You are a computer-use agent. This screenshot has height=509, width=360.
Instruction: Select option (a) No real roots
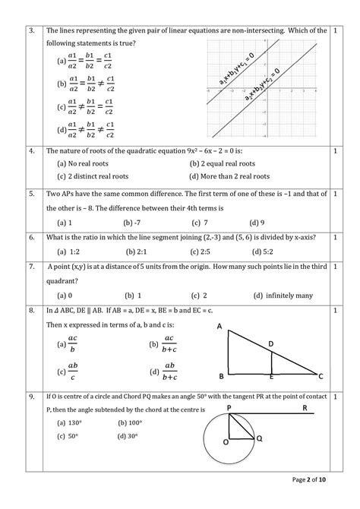coord(81,163)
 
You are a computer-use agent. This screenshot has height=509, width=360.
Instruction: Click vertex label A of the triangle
coord(219,327)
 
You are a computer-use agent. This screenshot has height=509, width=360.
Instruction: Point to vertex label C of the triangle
coord(321,375)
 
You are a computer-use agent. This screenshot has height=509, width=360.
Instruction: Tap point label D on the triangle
coord(271,343)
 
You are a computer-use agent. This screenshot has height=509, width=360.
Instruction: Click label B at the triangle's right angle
coord(220,376)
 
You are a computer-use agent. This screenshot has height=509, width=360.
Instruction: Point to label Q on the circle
coord(259,439)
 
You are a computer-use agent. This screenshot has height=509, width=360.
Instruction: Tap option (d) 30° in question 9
coord(131,436)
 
